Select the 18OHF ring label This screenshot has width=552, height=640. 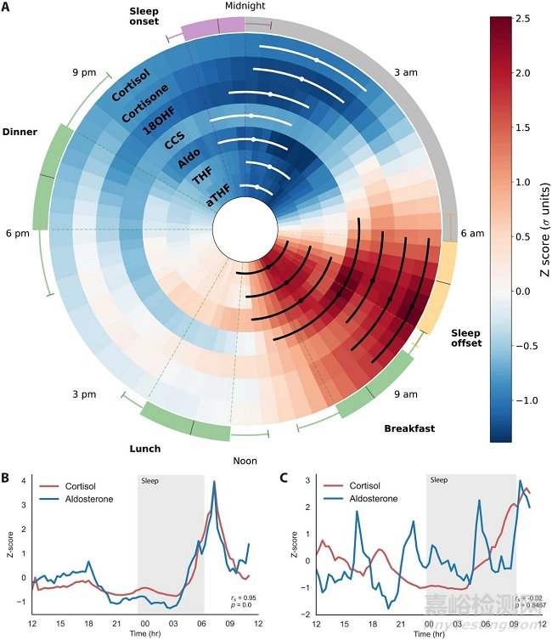pos(164,125)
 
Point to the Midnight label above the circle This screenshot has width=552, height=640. pos(245,6)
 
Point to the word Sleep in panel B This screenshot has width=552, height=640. pos(150,481)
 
